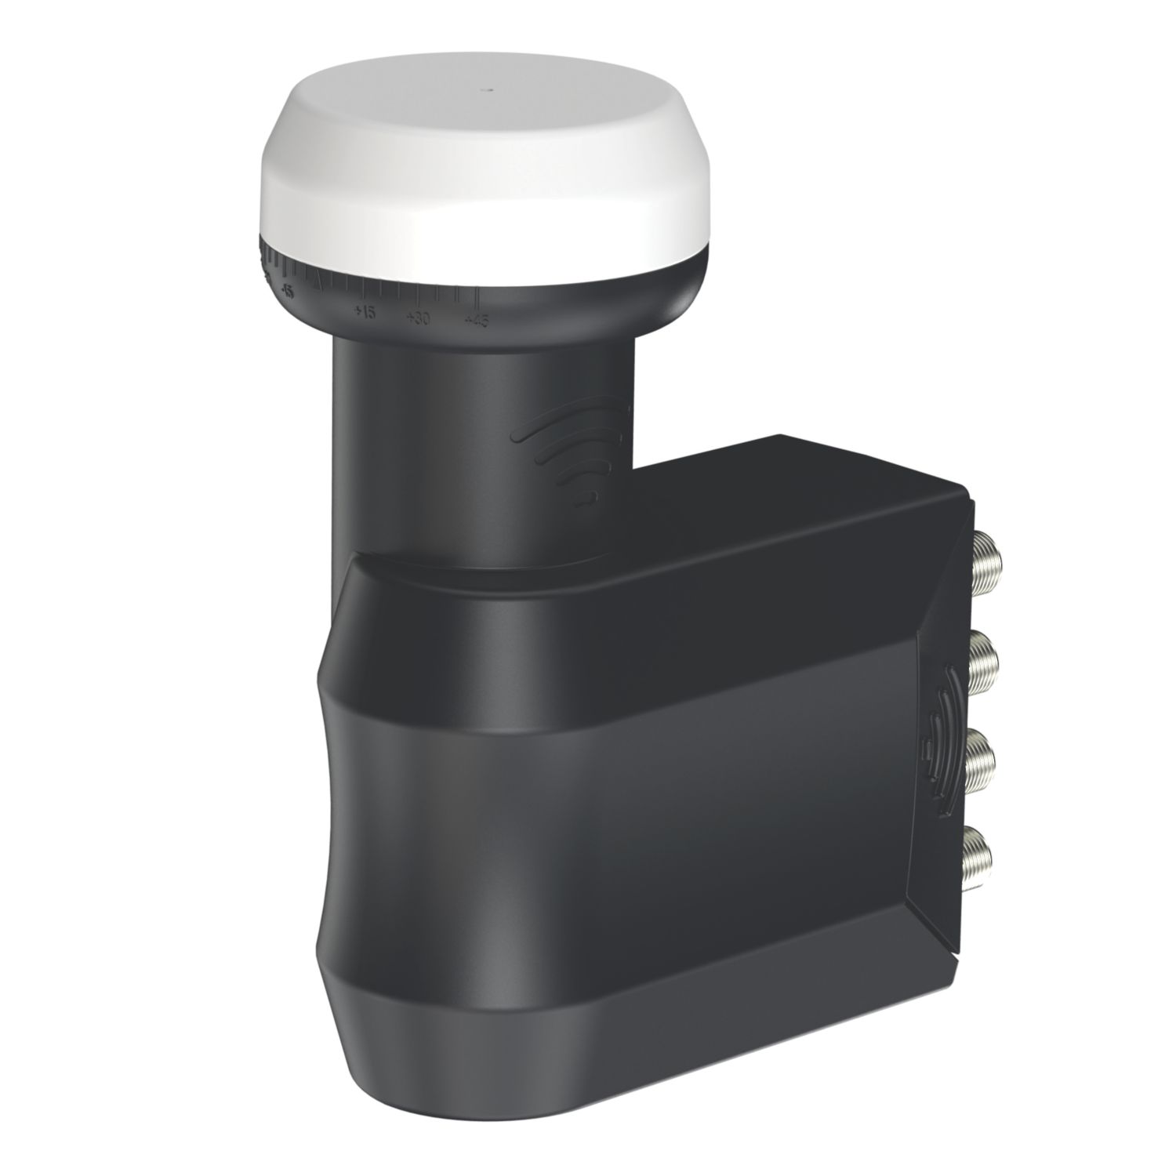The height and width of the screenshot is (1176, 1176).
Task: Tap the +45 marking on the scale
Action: (476, 320)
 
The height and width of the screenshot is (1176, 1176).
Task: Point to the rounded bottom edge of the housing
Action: (627, 1121)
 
